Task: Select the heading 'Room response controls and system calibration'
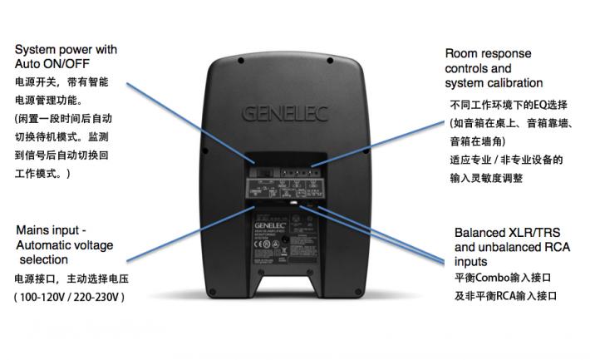494,68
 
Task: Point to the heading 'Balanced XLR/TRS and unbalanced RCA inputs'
514,247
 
